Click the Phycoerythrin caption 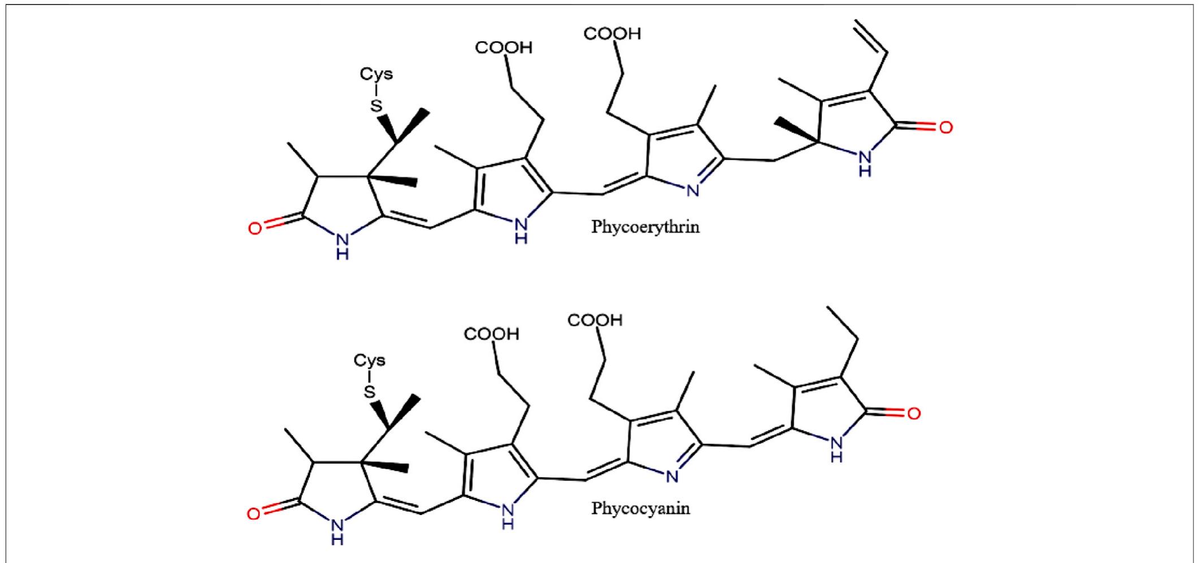pos(645,227)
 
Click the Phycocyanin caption pos(640,508)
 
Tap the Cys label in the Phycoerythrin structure pos(376,74)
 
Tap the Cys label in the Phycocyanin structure pos(370,360)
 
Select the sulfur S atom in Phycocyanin pos(370,391)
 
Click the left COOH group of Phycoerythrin pos(504,47)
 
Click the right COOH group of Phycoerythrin pos(612,34)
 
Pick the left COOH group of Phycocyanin pos(491,334)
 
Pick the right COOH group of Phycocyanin pos(595,321)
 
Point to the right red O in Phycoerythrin pos(945,128)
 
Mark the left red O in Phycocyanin pos(254,513)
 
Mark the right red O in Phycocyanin pos(914,414)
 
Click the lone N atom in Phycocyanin pos(672,477)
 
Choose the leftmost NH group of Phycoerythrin pos(342,245)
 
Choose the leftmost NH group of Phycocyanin pos(337,531)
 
